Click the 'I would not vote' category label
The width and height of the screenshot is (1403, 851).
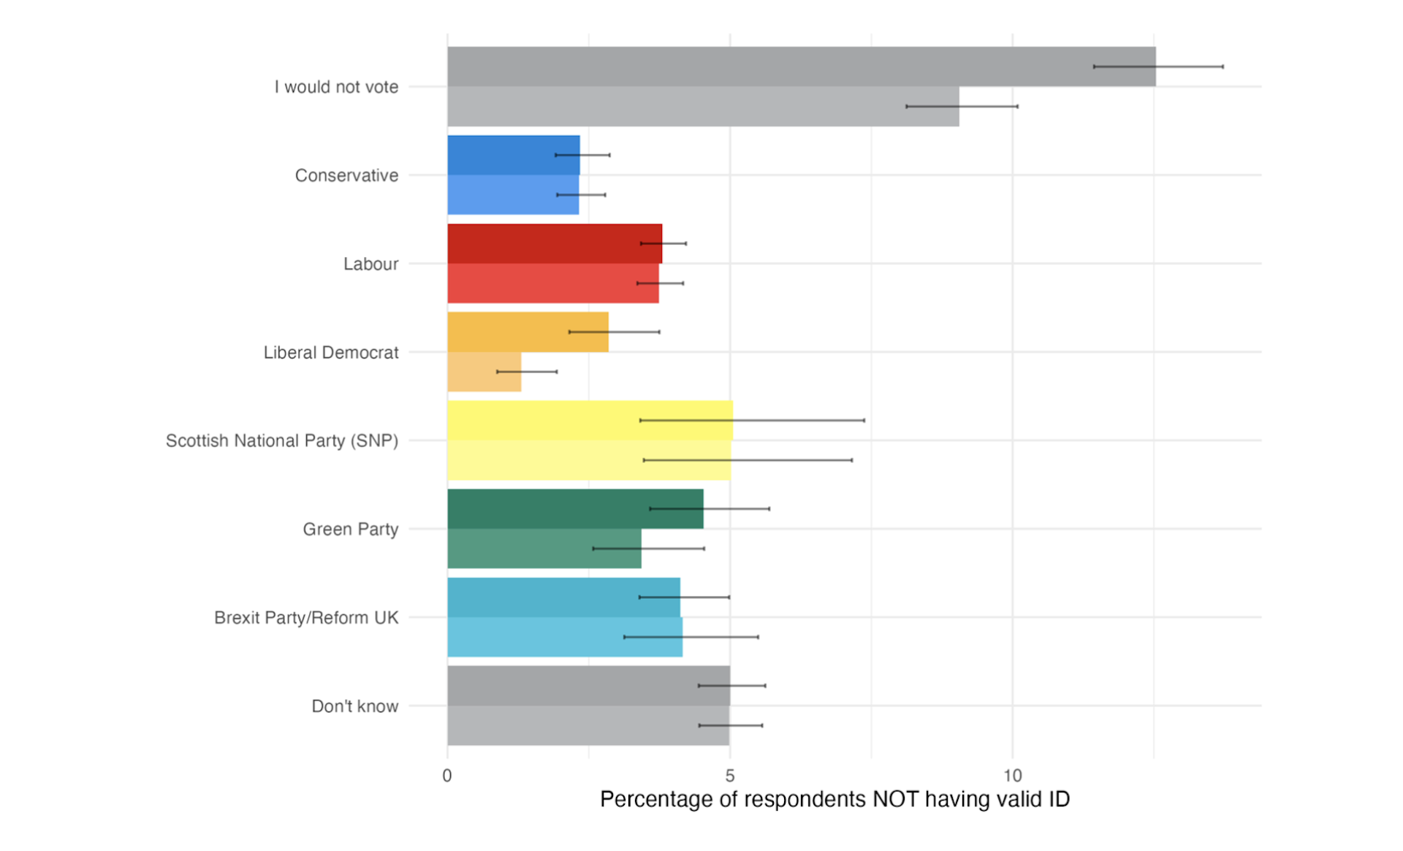(336, 87)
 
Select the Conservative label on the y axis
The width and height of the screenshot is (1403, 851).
(346, 175)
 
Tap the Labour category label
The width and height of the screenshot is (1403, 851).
(370, 264)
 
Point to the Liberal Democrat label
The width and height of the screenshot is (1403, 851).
(331, 352)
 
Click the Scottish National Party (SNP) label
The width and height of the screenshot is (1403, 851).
(281, 440)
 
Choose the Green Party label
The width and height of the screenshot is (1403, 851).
(351, 529)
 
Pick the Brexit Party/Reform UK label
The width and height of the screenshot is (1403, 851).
(306, 617)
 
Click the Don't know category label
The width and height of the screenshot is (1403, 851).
(354, 706)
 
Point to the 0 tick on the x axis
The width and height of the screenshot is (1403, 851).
(447, 776)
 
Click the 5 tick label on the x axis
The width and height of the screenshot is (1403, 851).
(730, 776)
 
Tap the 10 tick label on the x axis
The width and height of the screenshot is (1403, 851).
(1012, 776)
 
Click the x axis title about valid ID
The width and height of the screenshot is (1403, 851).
(834, 799)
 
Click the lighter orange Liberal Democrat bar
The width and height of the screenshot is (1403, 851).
(484, 372)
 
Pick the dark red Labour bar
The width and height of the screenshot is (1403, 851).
(541, 243)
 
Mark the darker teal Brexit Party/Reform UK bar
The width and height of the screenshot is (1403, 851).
(541, 597)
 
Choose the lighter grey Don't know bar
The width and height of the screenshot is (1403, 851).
(570, 725)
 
